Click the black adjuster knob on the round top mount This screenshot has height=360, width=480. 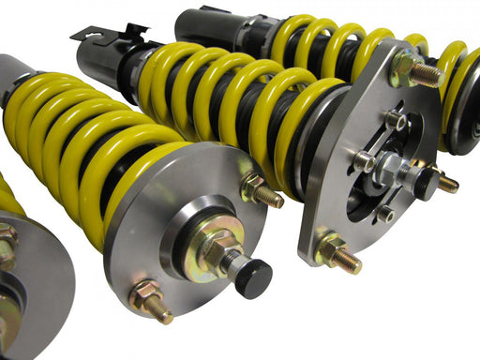coord(252,279)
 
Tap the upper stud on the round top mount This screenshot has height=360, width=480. coord(262,191)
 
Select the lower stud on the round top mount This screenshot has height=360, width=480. coord(150,302)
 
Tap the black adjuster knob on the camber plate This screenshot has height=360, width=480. coord(427,185)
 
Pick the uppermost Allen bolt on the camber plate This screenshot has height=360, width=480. coord(394,121)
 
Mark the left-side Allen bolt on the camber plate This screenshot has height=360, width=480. coord(363,160)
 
